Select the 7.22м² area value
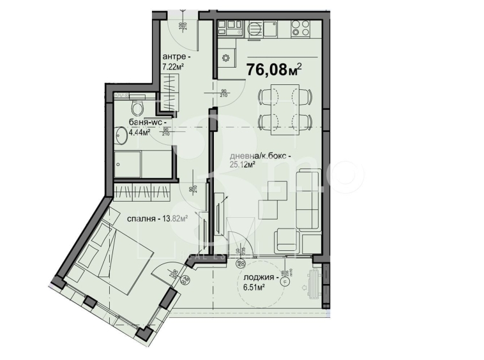(173, 66)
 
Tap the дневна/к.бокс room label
(260, 156)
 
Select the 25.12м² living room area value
(242, 165)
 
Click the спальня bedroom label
(144, 218)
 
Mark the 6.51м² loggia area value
(253, 287)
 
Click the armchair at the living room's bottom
(285, 241)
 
